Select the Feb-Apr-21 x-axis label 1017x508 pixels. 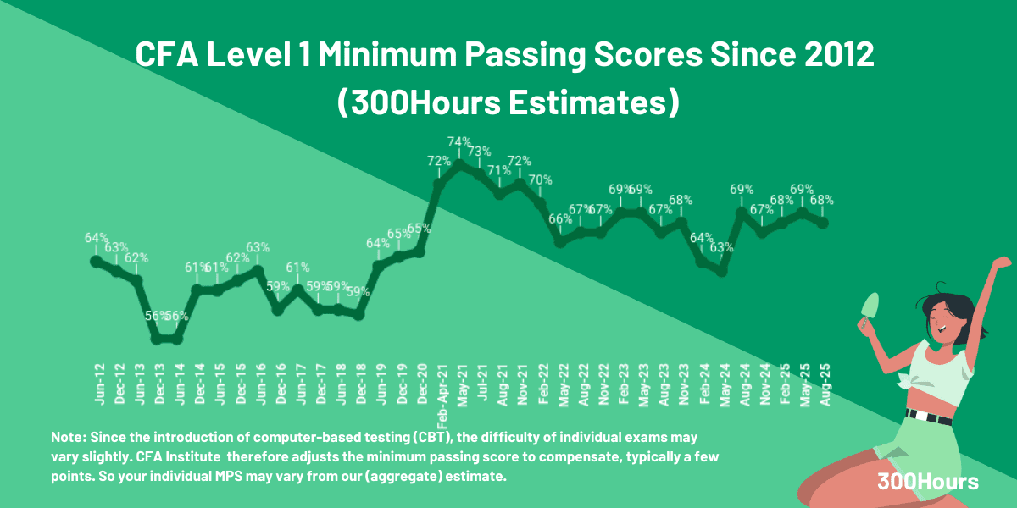(442, 394)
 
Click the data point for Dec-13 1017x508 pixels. (157, 339)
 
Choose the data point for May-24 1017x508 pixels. (722, 271)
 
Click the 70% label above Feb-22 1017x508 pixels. (540, 179)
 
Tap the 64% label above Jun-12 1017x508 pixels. (96, 238)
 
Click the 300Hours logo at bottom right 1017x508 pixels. (928, 482)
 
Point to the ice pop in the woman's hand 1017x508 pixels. (870, 306)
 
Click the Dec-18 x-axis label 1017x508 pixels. (360, 383)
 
